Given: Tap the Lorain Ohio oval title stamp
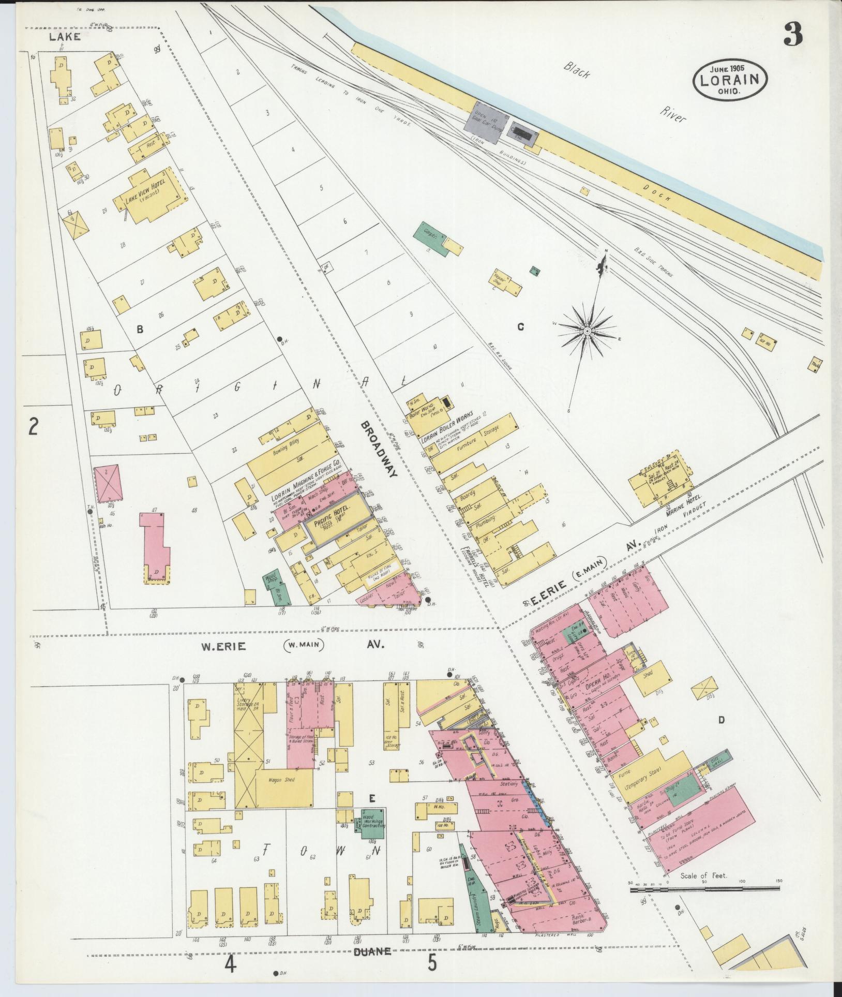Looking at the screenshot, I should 730,79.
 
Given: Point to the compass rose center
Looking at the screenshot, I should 588,331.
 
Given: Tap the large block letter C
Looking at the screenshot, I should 521,327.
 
